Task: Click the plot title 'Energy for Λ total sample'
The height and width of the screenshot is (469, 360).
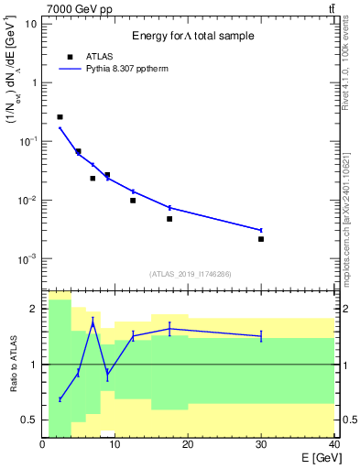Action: click(192, 36)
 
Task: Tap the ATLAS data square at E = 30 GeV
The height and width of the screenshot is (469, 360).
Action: click(261, 239)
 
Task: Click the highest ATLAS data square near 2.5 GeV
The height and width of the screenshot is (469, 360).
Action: click(60, 117)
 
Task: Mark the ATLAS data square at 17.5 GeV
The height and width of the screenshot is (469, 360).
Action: click(169, 219)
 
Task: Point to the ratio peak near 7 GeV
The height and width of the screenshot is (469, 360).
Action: click(93, 323)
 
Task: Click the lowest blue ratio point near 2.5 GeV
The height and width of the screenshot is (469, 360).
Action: click(60, 399)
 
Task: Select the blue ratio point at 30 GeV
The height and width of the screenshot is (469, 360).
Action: click(261, 336)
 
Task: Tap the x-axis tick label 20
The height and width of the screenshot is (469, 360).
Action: click(188, 444)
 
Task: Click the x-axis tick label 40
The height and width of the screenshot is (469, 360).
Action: click(333, 444)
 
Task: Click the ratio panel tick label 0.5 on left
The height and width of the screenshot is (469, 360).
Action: click(29, 420)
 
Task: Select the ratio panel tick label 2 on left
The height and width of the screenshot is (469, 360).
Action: click(34, 309)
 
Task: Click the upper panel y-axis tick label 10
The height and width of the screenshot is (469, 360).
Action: click(31, 23)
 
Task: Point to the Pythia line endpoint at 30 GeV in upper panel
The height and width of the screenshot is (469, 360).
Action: click(261, 230)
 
